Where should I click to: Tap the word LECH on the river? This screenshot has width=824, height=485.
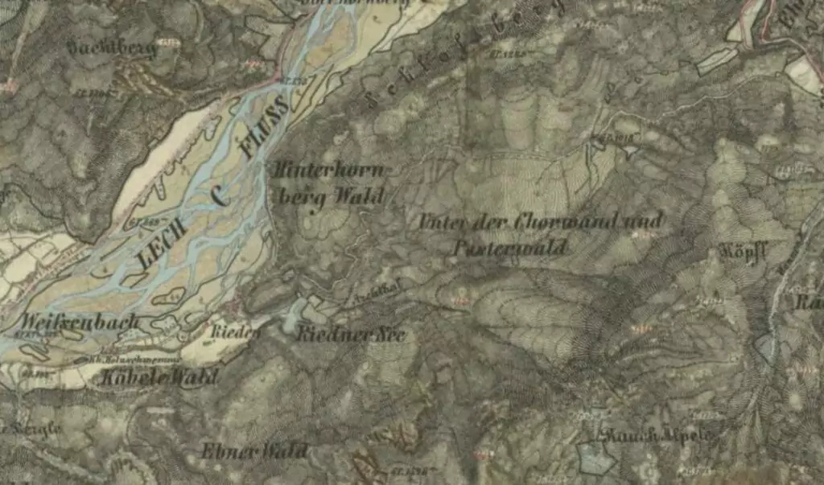[163, 245]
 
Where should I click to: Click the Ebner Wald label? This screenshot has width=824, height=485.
[254, 450]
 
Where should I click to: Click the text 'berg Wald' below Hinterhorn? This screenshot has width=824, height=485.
[330, 197]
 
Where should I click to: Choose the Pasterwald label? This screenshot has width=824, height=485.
[509, 246]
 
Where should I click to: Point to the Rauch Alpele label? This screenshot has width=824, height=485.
[658, 435]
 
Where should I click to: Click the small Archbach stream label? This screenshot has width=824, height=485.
[367, 296]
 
